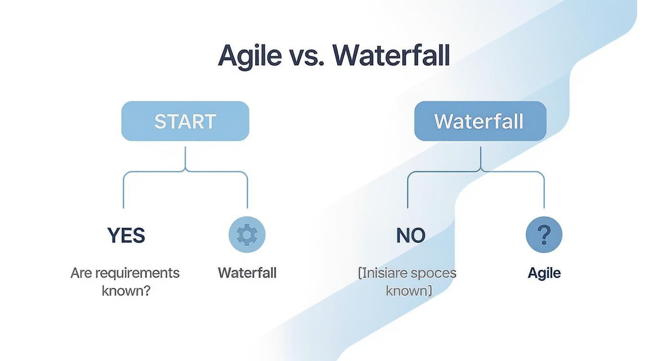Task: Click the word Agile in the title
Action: point(249,56)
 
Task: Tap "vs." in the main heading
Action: point(307,56)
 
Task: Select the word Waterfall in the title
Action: point(391,56)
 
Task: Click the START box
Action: point(185,121)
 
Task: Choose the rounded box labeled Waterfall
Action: point(480,121)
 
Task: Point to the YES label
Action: point(126,235)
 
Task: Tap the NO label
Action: point(411,235)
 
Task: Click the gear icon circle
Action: point(247,235)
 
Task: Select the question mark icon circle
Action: point(544,235)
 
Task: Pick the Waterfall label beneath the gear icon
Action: point(247,273)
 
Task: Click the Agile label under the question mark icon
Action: point(544,273)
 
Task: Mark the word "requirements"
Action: point(137,273)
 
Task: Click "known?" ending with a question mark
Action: point(126,290)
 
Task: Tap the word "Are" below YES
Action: point(81,273)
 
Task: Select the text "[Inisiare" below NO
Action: point(383,273)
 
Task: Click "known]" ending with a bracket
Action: point(409,290)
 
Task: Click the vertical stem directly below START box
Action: point(185,157)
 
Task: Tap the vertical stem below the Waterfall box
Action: point(480,157)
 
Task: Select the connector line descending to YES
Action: point(124,192)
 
